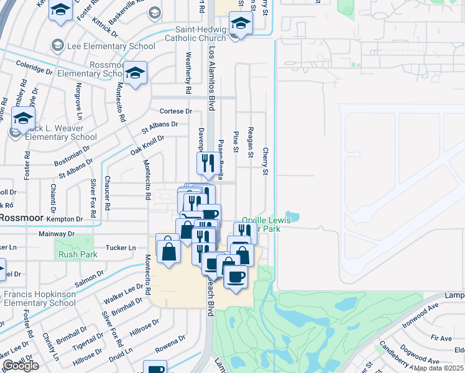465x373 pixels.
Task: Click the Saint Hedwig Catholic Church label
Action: point(192,34)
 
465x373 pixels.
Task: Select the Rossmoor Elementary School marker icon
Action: point(135,73)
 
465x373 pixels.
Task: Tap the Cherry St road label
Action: point(265,160)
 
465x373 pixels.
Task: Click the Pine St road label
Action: point(236,142)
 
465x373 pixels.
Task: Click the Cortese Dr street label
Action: point(176,111)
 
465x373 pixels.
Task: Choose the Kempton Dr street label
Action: point(65,219)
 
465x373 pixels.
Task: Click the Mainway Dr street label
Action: point(57,234)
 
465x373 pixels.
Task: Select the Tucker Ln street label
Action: point(122,248)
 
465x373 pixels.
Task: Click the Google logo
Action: point(21,366)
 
